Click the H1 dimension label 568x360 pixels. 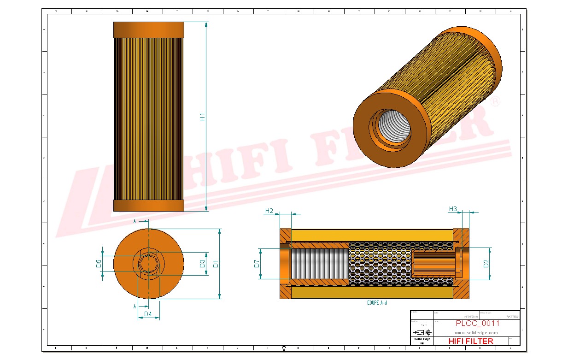pyautogui.click(x=202, y=117)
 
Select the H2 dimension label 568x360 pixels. pyautogui.click(x=269, y=211)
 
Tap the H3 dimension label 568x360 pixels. pyautogui.click(x=453, y=209)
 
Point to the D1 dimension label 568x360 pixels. pyautogui.click(x=215, y=264)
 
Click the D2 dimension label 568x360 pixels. pyautogui.click(x=486, y=264)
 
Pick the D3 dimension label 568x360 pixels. pyautogui.click(x=202, y=264)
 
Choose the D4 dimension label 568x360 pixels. pyautogui.click(x=148, y=314)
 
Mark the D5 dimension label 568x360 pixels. pyautogui.click(x=99, y=264)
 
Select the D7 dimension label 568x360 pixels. pyautogui.click(x=257, y=264)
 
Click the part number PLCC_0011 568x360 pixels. pyautogui.click(x=477, y=324)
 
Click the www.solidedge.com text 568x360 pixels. pyautogui.click(x=476, y=332)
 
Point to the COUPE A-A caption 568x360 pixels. pyautogui.click(x=377, y=303)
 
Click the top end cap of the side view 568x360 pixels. pyautogui.click(x=148, y=30)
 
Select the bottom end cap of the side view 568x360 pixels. pyautogui.click(x=148, y=205)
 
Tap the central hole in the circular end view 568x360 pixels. pyautogui.click(x=148, y=264)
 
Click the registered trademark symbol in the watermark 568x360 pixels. pyautogui.click(x=495, y=102)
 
